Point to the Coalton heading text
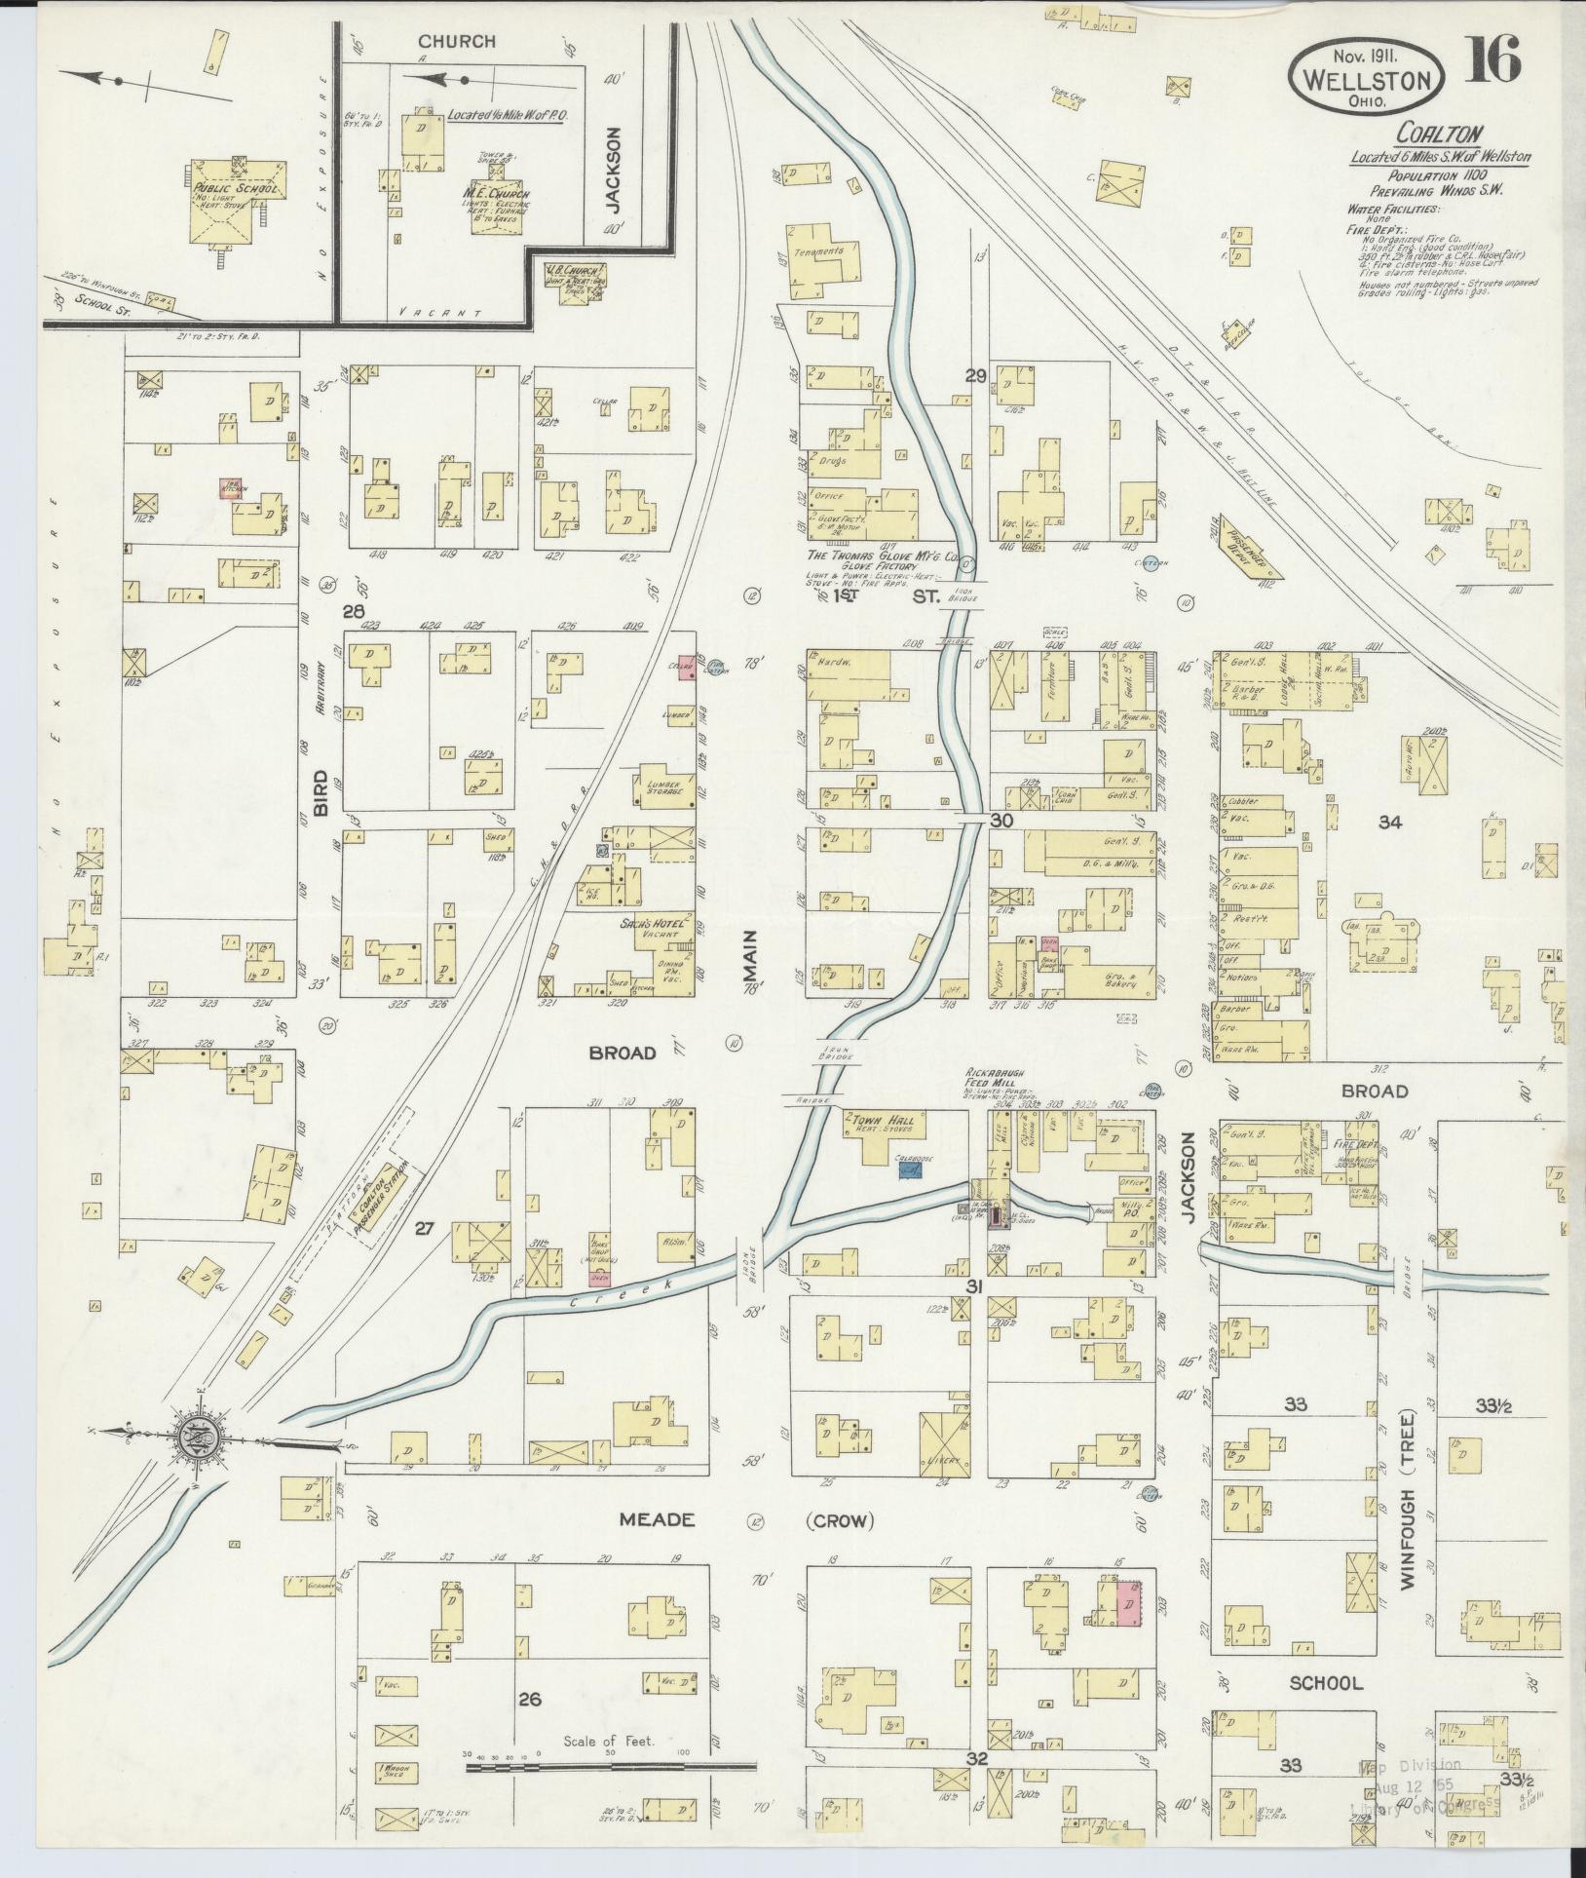[1428, 134]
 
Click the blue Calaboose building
[910, 1169]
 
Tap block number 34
[1389, 823]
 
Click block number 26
[529, 1700]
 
